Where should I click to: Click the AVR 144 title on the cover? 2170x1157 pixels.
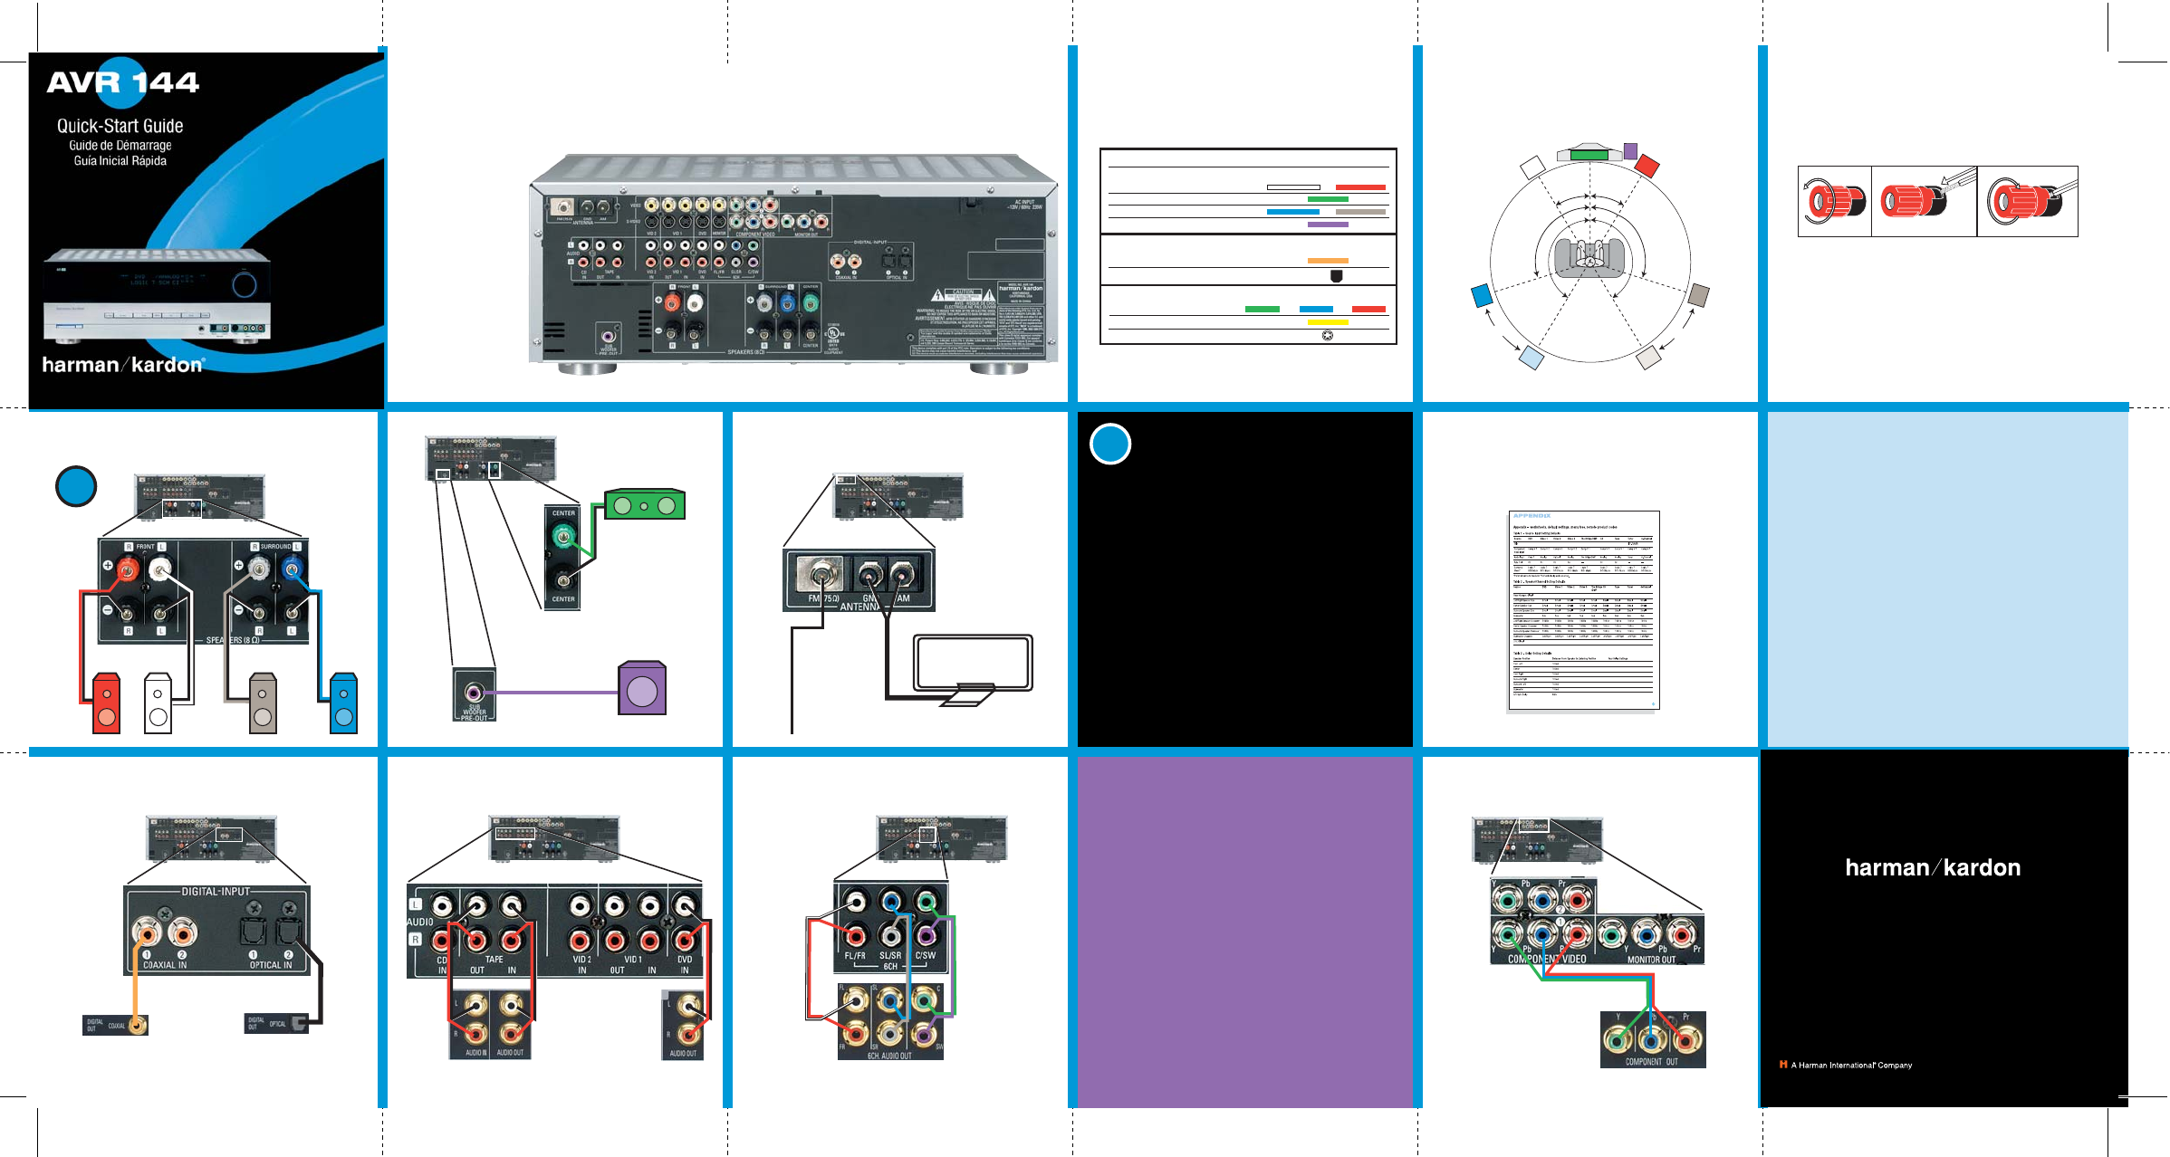coord(123,82)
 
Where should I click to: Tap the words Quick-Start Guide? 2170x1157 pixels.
coord(120,126)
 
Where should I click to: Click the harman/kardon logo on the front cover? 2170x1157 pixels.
coord(123,365)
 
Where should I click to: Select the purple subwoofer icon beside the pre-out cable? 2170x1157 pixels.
coord(642,690)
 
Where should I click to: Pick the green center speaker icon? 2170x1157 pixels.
coord(645,505)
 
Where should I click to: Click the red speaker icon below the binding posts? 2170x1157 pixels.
coord(107,703)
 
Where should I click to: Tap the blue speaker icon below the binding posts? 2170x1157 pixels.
coord(344,703)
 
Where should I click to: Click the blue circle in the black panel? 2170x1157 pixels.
coord(1110,444)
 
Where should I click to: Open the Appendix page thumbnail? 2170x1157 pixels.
coord(1583,610)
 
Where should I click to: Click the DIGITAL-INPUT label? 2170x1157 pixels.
coord(216,892)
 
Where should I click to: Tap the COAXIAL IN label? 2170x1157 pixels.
coord(165,965)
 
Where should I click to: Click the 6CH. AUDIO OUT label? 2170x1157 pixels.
coord(889,1056)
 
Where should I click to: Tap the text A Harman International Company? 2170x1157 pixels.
coord(1851,1066)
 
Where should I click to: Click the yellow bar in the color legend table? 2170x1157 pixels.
coord(1328,322)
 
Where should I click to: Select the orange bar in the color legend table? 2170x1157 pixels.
coord(1328,261)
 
